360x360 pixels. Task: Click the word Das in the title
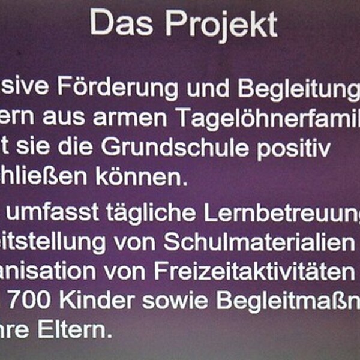pyautogui.click(x=122, y=23)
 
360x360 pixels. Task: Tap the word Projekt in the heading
pyautogui.click(x=221, y=25)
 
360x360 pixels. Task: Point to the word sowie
pyautogui.click(x=179, y=300)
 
